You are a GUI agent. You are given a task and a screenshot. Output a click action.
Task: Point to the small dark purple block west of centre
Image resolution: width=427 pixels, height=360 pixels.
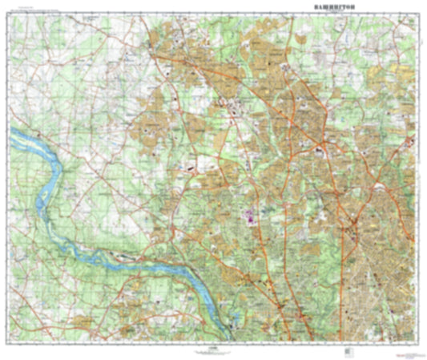[x=191, y=169]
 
